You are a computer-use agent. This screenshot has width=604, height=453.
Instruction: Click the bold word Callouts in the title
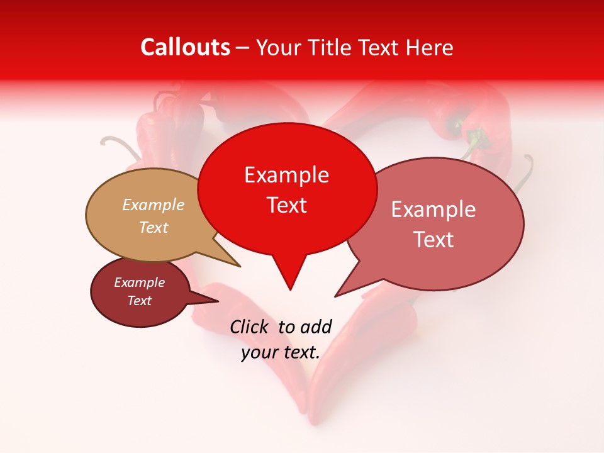coord(185,47)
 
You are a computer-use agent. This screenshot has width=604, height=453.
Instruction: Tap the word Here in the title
coord(429,48)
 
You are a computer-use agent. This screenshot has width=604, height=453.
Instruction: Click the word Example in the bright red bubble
coord(286,175)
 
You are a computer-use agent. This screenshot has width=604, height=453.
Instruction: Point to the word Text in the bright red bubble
coord(286,205)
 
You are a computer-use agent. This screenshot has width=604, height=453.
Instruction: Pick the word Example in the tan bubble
coord(154,204)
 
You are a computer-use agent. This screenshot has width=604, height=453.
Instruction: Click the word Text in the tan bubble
coord(154,227)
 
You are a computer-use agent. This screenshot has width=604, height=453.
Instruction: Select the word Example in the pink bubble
coord(433,210)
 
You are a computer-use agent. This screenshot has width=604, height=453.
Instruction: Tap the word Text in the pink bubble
coord(433,240)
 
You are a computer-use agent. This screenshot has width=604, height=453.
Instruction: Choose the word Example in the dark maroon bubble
coord(139,282)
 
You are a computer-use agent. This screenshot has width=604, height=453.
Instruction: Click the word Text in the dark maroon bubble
coord(139,301)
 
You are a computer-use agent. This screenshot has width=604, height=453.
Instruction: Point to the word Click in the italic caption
coord(249,327)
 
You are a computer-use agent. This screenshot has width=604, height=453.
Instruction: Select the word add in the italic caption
coord(316,327)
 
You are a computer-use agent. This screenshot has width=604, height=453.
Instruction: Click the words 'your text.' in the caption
coord(281,352)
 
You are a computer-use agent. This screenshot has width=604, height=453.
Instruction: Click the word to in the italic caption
coord(286,327)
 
